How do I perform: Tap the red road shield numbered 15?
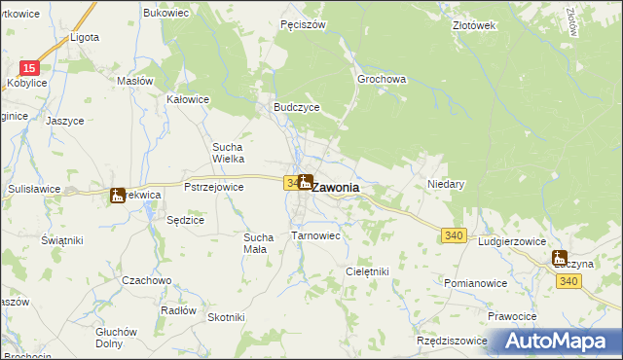pyautogui.click(x=30, y=68)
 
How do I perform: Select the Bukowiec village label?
pyautogui.click(x=165, y=13)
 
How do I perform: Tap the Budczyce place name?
pyautogui.click(x=297, y=108)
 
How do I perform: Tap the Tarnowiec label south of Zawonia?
pyautogui.click(x=315, y=235)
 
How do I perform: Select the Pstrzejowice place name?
pyautogui.click(x=213, y=185)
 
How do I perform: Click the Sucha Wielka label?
pyautogui.click(x=228, y=153)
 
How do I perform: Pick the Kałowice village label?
pyautogui.click(x=189, y=99)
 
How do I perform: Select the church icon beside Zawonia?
pyautogui.click(x=306, y=181)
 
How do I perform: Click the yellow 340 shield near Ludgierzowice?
pyautogui.click(x=453, y=236)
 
